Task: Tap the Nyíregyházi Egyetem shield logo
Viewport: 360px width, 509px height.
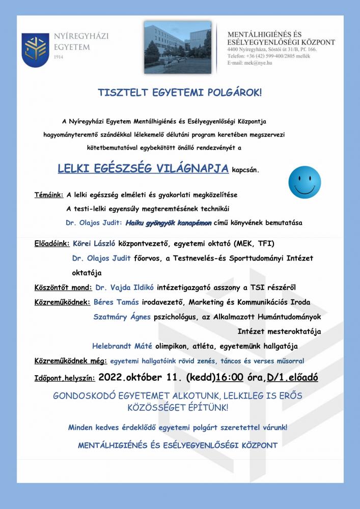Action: click(x=34, y=49)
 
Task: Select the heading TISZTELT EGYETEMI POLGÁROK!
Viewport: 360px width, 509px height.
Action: click(x=180, y=93)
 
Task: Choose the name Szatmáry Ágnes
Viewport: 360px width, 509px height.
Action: click(x=122, y=317)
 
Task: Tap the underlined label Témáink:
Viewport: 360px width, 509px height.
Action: click(x=49, y=195)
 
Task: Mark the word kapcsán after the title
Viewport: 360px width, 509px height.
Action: click(x=248, y=171)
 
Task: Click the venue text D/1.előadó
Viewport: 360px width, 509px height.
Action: click(x=289, y=378)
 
